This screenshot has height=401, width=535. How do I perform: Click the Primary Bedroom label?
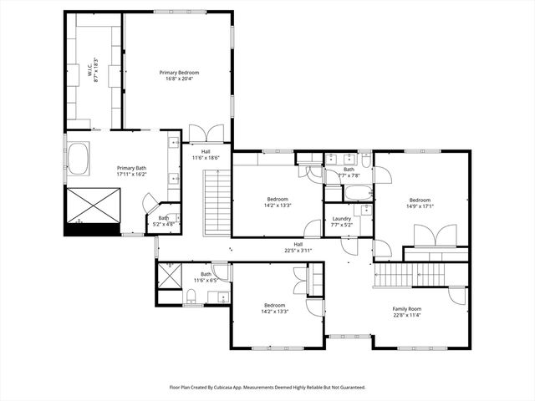click(180, 73)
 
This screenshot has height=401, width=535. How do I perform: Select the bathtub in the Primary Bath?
click(79, 159)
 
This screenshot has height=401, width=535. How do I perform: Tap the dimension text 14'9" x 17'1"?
click(420, 206)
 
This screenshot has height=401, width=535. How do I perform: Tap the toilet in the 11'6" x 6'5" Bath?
click(191, 294)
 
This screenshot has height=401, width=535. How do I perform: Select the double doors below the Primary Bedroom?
click(206, 134)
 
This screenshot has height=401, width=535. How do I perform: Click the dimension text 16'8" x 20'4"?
click(180, 79)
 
